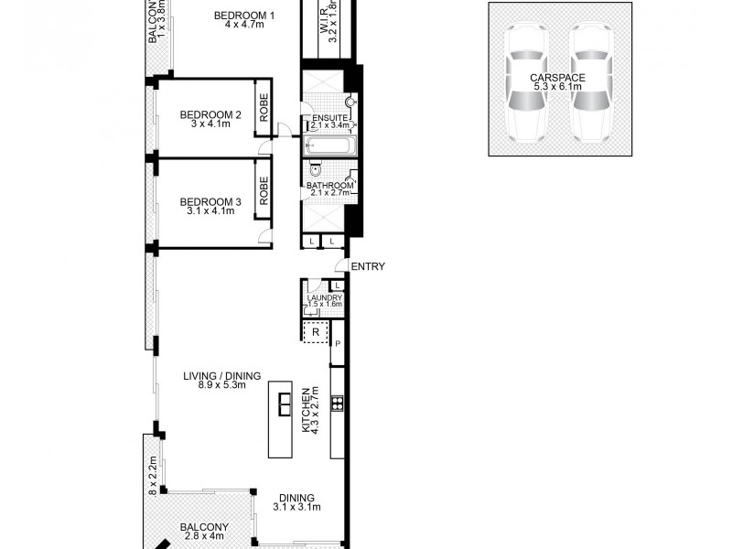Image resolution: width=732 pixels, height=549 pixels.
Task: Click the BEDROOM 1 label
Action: tap(243, 16)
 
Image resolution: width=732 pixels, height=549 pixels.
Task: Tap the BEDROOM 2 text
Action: tap(210, 115)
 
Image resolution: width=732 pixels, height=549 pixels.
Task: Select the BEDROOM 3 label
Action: tap(210, 202)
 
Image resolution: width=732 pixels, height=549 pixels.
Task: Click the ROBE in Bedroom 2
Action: tap(264, 107)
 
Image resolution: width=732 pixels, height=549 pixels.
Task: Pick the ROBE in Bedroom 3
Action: tap(264, 194)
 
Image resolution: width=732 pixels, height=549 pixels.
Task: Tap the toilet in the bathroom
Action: tap(315, 169)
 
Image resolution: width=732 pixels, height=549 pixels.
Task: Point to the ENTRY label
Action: tap(367, 267)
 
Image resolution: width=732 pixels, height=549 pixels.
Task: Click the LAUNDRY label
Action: tap(325, 298)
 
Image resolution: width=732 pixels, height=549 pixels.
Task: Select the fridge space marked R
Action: tap(316, 333)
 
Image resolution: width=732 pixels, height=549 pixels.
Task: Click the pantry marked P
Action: tap(338, 343)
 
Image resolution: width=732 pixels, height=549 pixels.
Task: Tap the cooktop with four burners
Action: tap(337, 403)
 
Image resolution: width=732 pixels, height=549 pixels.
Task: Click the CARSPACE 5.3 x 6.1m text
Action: tap(557, 83)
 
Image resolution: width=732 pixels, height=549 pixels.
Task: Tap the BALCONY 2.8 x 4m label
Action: tap(204, 532)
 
